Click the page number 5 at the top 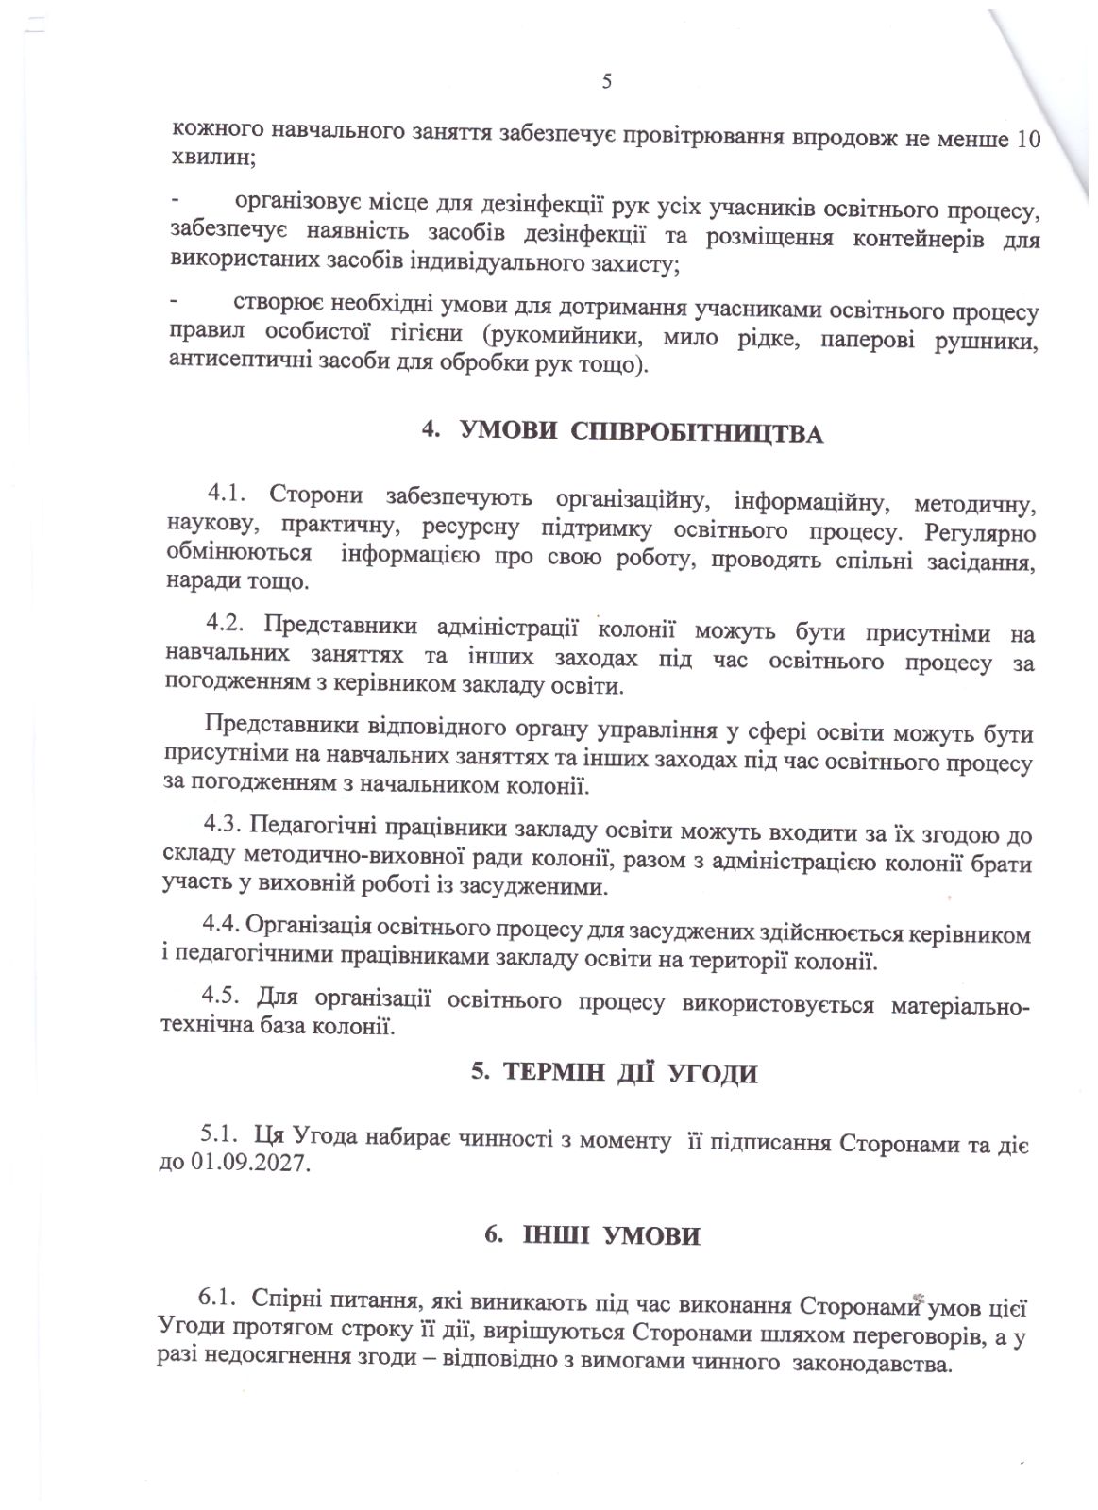[606, 81]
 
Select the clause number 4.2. [226, 624]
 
